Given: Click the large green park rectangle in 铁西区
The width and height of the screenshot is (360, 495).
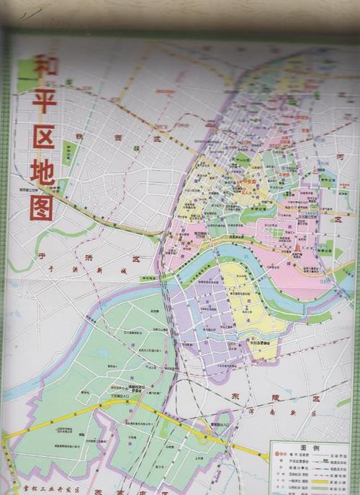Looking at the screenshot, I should (x=69, y=153).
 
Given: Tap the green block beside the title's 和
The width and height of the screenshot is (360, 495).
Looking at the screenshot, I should (x=25, y=75).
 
